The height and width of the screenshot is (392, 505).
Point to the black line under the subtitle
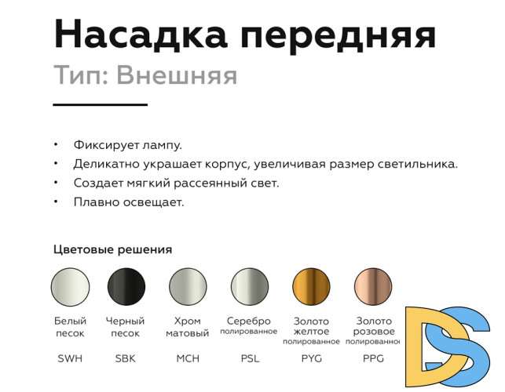(x=100, y=103)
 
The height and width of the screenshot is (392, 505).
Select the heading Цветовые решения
(x=112, y=250)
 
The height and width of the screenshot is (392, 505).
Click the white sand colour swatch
(x=70, y=287)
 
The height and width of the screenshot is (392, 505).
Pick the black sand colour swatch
(x=126, y=287)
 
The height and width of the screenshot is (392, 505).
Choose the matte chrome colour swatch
(x=188, y=287)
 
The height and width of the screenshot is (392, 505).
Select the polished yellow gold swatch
(x=311, y=287)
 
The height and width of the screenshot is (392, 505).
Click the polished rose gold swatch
(x=373, y=287)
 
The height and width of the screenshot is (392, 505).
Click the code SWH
(x=70, y=359)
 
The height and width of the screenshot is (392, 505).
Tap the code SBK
(x=126, y=359)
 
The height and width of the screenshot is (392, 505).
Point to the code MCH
(x=188, y=359)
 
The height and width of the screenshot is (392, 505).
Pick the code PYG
(x=311, y=359)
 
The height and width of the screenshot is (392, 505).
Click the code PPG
(x=373, y=359)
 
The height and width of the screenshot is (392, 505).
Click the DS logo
(x=449, y=344)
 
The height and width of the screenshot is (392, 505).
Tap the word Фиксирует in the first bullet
(x=101, y=145)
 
